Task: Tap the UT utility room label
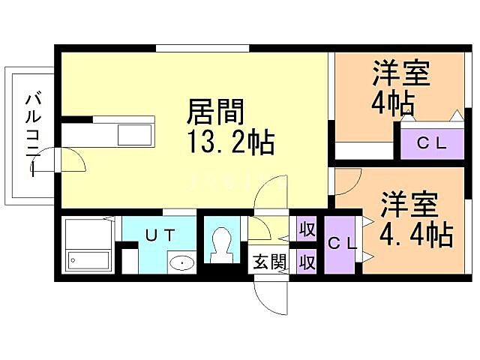161,235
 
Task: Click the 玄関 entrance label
268,262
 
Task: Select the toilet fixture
221,244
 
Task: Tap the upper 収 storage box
306,229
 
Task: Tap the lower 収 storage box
306,262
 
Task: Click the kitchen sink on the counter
136,135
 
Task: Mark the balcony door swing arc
68,159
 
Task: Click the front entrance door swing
270,294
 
